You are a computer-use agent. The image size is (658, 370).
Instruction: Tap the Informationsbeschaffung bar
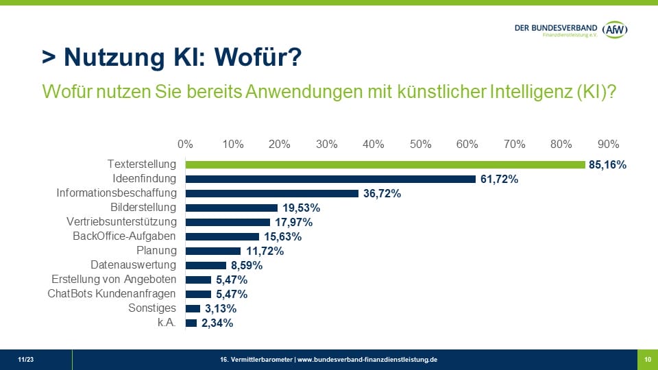(272, 193)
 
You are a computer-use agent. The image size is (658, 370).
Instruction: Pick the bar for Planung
(213, 251)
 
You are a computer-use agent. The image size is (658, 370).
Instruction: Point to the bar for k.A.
(191, 323)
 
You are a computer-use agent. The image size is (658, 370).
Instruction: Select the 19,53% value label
(301, 208)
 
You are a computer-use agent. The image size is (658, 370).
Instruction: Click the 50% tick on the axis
(420, 144)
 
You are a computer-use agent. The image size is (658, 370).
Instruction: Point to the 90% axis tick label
(608, 144)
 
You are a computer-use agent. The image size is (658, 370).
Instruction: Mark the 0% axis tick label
(185, 144)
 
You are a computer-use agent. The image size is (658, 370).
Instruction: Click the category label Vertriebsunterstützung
(121, 222)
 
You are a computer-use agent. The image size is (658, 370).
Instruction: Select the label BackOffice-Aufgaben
(124, 236)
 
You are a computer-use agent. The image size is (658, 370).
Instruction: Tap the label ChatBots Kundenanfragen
(112, 294)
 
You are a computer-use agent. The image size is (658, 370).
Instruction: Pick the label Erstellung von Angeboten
(114, 280)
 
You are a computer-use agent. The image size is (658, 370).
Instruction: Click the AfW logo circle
(615, 29)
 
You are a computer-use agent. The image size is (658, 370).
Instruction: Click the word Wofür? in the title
(258, 58)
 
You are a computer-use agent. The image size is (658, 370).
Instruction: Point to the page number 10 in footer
(647, 360)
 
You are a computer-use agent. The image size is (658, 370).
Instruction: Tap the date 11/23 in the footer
(25, 360)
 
